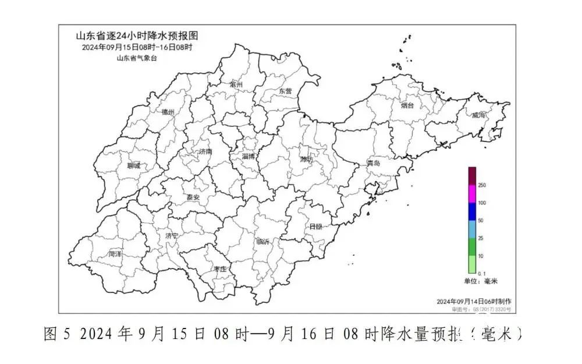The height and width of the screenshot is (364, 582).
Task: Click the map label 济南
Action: coord(205,151)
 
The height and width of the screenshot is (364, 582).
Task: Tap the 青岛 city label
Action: coord(373,164)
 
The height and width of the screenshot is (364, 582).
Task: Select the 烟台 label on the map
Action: coord(407,105)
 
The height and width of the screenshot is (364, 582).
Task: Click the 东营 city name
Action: coord(285,91)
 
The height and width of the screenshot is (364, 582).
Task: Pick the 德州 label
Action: coord(168,112)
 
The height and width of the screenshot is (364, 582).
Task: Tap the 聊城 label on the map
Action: coord(133,166)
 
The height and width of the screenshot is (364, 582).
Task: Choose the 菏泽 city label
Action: coord(115,254)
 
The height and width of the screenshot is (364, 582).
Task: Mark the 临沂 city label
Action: coord(263,242)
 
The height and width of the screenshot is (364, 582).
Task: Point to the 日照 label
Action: coord(315,226)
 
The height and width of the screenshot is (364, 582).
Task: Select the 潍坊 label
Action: coord(307,159)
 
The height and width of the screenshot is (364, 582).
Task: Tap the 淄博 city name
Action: coord(249,156)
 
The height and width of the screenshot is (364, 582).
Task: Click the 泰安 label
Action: coord(193,197)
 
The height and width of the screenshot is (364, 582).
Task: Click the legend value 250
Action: coord(482,185)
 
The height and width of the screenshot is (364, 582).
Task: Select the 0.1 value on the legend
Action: coord(482,273)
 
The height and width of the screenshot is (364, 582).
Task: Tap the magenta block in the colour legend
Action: coord(473,193)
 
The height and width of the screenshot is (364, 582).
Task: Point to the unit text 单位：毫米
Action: coord(481,281)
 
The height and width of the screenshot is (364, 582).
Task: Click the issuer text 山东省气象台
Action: coord(137,58)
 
